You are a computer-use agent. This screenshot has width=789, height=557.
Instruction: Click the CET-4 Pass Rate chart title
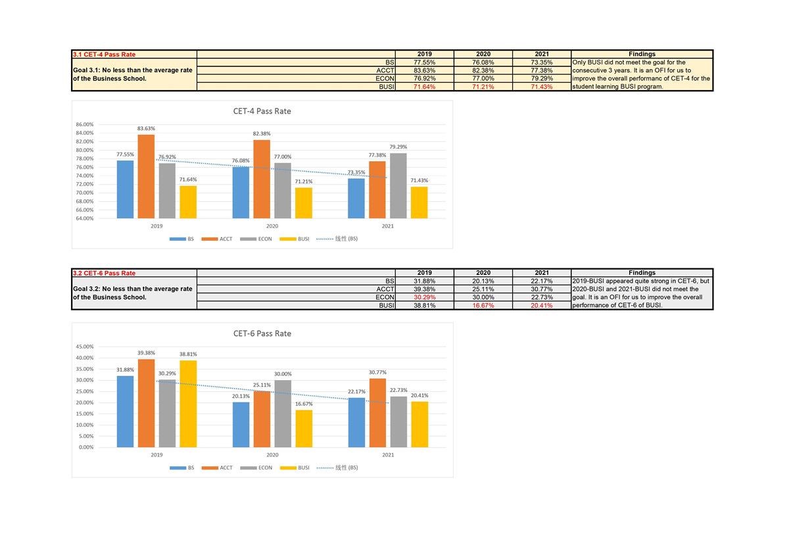coord(262,111)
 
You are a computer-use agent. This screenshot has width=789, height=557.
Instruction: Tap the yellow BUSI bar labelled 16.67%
coord(304,429)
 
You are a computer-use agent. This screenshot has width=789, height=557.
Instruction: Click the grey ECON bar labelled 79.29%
coord(398,185)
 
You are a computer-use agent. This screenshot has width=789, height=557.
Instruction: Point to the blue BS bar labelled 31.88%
coord(125,412)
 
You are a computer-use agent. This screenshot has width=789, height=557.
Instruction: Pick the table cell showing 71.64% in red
coord(424,87)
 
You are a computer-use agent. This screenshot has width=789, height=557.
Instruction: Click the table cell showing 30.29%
coord(424,297)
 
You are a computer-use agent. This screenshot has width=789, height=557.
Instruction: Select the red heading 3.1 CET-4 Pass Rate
coord(105,55)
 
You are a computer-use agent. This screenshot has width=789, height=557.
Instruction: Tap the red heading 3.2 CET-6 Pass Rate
coord(105,273)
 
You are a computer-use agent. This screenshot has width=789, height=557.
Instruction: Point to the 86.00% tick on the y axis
coord(85,124)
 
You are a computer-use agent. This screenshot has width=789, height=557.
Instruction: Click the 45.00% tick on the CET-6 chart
coord(85,347)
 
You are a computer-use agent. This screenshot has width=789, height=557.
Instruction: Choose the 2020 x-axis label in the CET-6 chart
coord(272,454)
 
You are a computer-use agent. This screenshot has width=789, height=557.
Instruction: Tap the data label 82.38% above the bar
coord(262,133)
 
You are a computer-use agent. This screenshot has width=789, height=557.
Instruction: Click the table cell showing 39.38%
coord(424,289)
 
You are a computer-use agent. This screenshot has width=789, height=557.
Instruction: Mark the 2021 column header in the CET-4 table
coord(542,54)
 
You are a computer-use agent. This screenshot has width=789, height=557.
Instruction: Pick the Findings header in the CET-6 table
coord(642,272)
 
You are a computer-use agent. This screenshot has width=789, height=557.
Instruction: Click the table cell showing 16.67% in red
coord(483,305)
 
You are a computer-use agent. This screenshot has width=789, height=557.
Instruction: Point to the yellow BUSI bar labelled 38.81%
coord(188,404)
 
